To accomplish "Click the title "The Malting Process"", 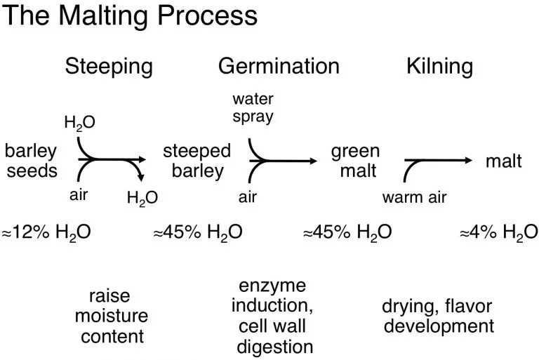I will (129, 15).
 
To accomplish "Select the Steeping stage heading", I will (109, 67).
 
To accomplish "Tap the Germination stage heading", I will (279, 67).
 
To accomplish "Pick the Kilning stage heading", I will (439, 67).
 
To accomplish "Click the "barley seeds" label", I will (31, 161).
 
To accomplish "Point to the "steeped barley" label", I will (197, 161).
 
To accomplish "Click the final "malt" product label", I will (504, 161).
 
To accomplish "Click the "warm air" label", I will (414, 197).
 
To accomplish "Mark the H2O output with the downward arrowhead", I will (142, 198).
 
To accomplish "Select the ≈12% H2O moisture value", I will (46, 232).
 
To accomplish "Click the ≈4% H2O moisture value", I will (498, 232).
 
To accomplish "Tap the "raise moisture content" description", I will (112, 316).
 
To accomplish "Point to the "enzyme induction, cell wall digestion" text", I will (274, 316).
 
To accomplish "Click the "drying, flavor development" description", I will (438, 316).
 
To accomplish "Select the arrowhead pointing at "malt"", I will (468, 160).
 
